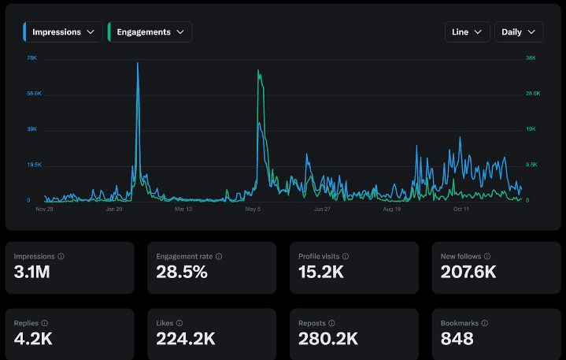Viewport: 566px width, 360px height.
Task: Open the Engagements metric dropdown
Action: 150,32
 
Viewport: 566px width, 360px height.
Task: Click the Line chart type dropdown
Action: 467,32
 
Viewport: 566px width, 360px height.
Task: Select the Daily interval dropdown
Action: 519,32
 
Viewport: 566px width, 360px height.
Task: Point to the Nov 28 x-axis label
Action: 45,210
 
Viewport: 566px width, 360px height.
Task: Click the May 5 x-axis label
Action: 253,210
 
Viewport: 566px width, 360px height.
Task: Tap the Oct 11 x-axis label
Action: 461,210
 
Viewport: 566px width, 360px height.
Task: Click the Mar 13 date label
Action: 183,210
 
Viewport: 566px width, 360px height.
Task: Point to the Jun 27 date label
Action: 322,210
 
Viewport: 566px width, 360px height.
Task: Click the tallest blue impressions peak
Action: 138,63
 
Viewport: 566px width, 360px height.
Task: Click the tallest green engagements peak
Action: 258,71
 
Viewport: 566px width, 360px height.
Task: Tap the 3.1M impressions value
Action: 32,273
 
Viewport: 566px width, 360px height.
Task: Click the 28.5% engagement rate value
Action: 182,273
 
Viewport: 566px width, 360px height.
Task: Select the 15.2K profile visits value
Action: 321,273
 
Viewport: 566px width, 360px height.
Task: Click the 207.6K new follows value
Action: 468,273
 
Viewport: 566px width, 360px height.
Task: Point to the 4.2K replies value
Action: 33,339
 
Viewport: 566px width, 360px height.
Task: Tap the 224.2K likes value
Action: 186,339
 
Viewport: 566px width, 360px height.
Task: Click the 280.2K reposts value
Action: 328,339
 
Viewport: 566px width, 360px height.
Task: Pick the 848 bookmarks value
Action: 457,339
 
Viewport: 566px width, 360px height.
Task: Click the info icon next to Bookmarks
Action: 484,323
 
